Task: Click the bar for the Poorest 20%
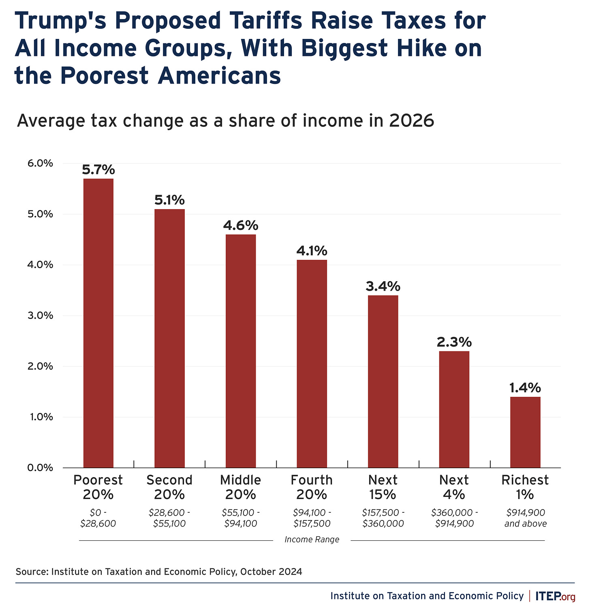pyautogui.click(x=98, y=323)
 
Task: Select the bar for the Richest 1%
pyautogui.click(x=525, y=432)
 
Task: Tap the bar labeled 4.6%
pyautogui.click(x=241, y=351)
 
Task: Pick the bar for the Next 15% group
pyautogui.click(x=383, y=381)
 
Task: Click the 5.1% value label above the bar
pyautogui.click(x=169, y=200)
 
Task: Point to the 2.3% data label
pyautogui.click(x=454, y=343)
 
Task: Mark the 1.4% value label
pyautogui.click(x=525, y=388)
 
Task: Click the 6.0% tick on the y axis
pyautogui.click(x=40, y=163)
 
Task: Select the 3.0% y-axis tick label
pyautogui.click(x=40, y=315)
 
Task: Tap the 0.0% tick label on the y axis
pyautogui.click(x=40, y=468)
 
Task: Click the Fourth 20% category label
pyautogui.click(x=312, y=487)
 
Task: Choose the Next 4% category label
pyautogui.click(x=454, y=487)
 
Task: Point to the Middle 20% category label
pyautogui.click(x=241, y=487)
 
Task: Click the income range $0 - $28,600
pyautogui.click(x=98, y=518)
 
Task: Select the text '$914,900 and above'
pyautogui.click(x=525, y=518)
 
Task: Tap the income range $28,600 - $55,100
pyautogui.click(x=169, y=518)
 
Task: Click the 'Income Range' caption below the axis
pyautogui.click(x=312, y=539)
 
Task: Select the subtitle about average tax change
pyautogui.click(x=225, y=121)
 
